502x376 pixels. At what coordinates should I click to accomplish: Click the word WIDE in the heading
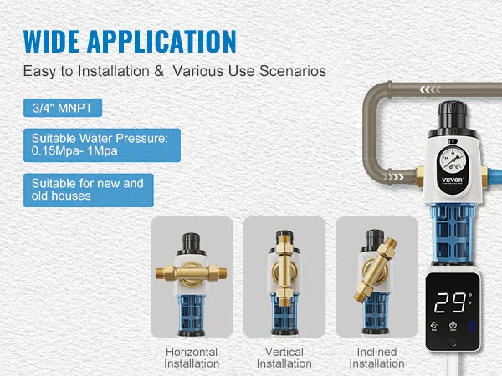click(51, 41)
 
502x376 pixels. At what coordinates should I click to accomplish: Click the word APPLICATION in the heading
click(161, 41)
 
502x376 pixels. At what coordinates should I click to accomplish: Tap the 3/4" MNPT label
click(63, 108)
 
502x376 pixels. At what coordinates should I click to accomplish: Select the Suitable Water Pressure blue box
click(102, 145)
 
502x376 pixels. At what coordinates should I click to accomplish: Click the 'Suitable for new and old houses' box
click(89, 191)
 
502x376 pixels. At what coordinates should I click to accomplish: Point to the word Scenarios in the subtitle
click(293, 71)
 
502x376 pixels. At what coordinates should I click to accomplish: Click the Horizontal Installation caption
click(192, 358)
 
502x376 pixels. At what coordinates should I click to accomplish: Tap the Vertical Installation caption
click(284, 358)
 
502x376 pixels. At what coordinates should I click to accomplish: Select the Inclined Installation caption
click(376, 358)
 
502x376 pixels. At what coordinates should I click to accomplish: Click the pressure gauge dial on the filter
click(452, 160)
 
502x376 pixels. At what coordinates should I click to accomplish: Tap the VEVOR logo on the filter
click(452, 180)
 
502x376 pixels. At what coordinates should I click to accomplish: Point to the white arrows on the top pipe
click(430, 90)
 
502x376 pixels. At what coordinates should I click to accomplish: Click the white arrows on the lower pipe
click(393, 177)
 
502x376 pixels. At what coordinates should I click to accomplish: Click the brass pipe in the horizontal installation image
click(192, 273)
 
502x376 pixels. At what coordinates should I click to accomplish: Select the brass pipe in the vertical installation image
click(284, 271)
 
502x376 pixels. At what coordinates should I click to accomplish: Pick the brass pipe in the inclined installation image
click(375, 269)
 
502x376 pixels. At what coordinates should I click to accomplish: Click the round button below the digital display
click(453, 342)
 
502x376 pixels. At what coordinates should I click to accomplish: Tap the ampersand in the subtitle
click(159, 71)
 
